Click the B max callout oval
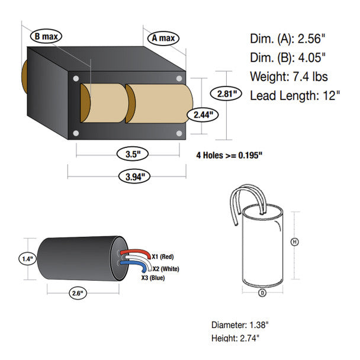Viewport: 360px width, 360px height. [46, 36]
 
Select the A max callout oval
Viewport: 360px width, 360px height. [163, 38]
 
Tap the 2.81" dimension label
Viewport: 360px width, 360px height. [226, 94]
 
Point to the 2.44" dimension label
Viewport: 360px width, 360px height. [202, 115]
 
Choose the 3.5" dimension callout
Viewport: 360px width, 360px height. [133, 154]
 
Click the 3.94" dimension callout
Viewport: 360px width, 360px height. [135, 176]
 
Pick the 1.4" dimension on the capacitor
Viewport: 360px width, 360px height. [28, 259]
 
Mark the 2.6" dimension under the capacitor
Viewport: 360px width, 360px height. [78, 293]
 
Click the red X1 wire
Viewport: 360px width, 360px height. [136, 253]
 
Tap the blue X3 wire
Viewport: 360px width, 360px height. [134, 265]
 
